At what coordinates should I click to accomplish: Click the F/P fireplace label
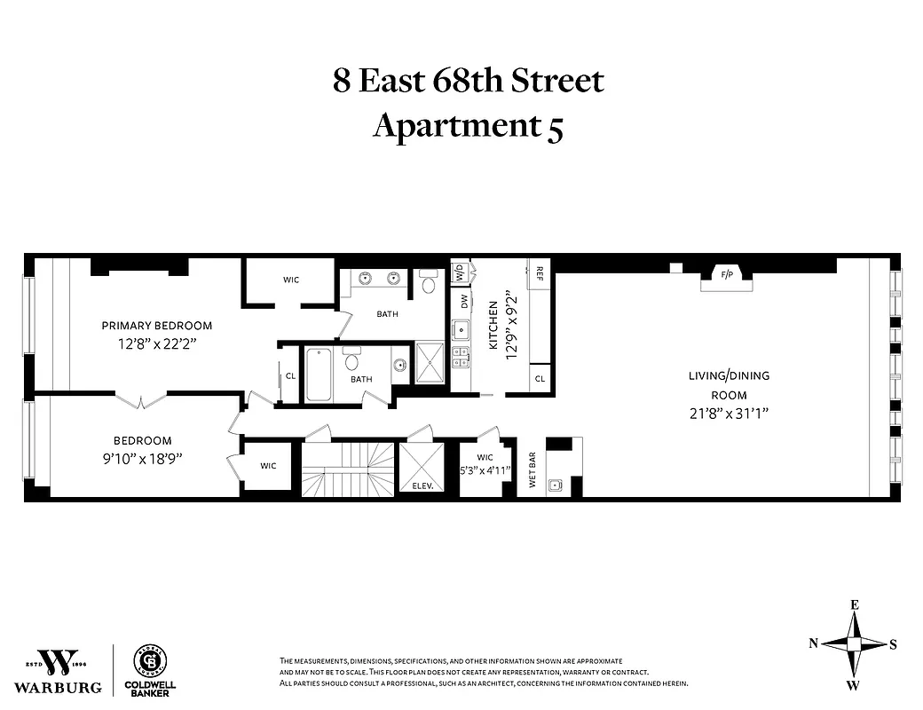(x=727, y=274)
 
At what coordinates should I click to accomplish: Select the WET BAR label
(x=532, y=466)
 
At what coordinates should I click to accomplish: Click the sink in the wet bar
(x=556, y=485)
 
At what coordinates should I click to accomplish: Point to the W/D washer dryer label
(x=460, y=272)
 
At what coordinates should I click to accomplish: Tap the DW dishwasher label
(x=463, y=302)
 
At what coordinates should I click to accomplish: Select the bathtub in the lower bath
(x=319, y=375)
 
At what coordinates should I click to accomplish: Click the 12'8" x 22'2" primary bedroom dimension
(x=156, y=343)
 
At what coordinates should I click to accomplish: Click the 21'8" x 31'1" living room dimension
(x=728, y=413)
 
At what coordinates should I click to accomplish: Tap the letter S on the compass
(x=895, y=644)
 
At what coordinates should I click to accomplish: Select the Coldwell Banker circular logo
(x=149, y=661)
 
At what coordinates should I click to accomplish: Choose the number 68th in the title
(x=468, y=81)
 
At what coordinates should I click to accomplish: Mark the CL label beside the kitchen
(x=540, y=379)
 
